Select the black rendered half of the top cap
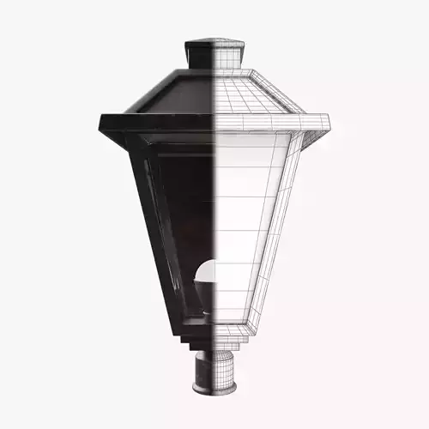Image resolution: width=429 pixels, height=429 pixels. tap(199, 53)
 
